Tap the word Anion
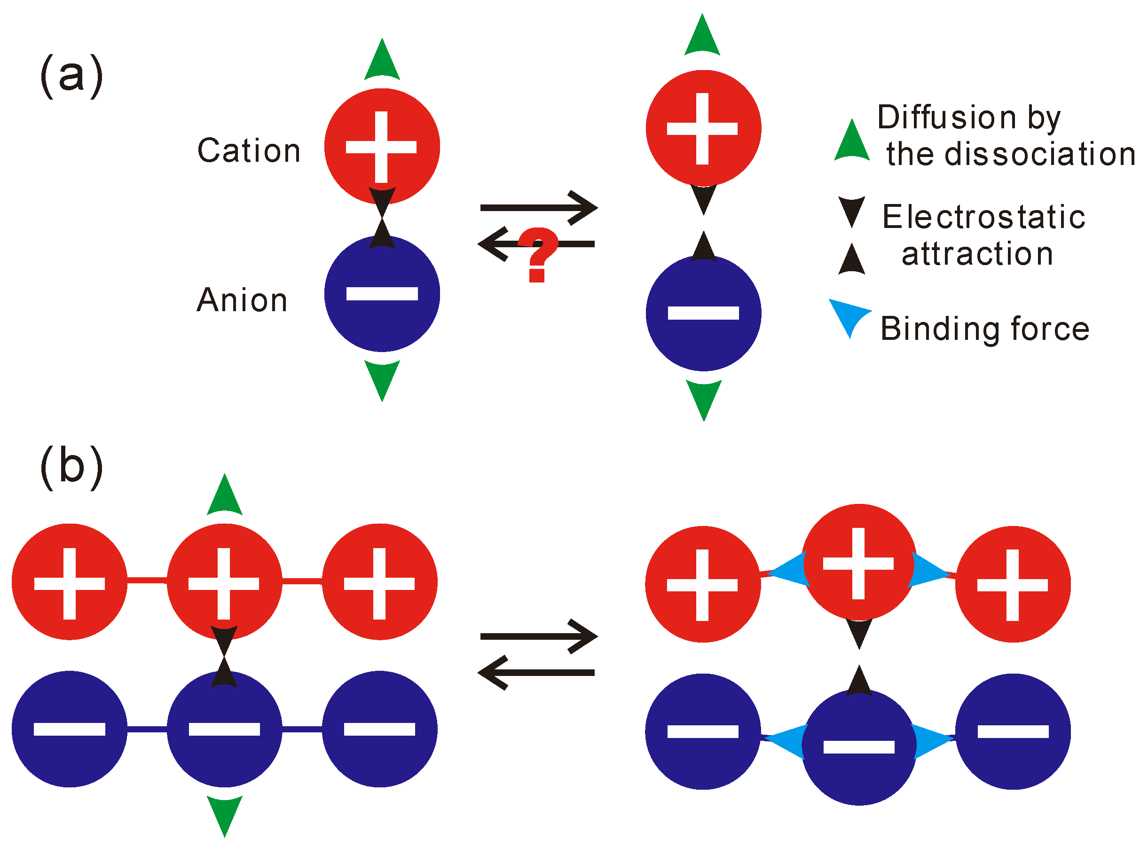click(242, 300)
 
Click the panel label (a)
click(71, 76)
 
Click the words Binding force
click(985, 329)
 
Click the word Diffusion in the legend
click(946, 117)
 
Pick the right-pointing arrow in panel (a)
click(539, 208)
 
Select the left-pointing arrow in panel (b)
click(536, 673)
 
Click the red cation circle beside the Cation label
click(382, 146)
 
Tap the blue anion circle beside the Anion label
click(382, 294)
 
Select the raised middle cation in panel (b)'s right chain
click(858, 562)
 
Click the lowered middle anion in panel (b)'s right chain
click(858, 747)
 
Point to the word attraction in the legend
click(977, 254)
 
